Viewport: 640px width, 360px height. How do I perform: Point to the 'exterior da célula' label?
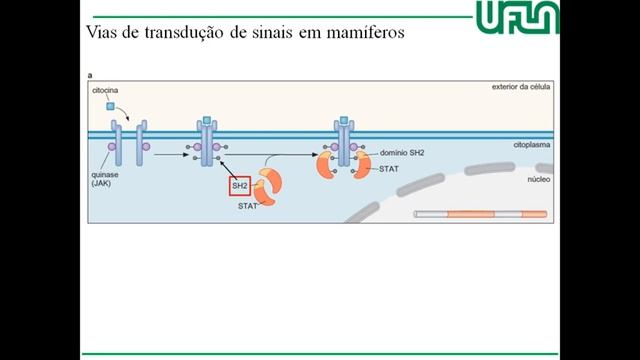[x=520, y=87]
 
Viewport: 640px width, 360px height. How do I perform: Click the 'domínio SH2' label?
[x=401, y=154]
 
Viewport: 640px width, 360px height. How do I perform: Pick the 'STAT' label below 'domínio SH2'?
[x=390, y=169]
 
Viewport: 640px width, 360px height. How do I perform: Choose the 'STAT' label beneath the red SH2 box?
[x=248, y=206]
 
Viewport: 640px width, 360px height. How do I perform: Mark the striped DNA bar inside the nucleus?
[x=480, y=213]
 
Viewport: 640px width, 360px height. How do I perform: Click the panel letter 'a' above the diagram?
[x=91, y=75]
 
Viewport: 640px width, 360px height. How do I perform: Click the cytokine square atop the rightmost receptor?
[x=346, y=121]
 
